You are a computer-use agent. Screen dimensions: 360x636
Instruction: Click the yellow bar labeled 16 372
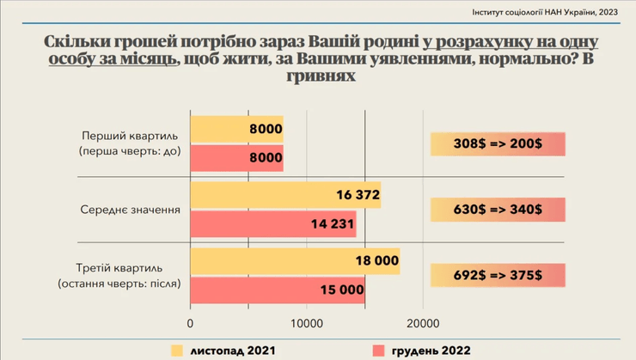284,195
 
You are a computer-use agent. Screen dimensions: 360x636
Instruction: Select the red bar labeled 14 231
272,224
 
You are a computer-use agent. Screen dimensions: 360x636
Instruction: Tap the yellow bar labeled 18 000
295,261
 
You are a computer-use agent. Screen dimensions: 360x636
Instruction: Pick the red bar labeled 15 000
277,290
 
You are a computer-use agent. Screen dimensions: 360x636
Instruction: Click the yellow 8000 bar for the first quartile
236,129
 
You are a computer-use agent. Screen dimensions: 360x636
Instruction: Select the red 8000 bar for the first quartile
236,157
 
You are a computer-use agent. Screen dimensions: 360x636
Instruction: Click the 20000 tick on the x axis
423,324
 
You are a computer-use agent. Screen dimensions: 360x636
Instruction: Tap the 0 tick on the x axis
190,324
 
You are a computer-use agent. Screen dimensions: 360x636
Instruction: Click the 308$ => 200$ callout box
498,144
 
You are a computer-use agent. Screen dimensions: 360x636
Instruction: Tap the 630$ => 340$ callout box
498,210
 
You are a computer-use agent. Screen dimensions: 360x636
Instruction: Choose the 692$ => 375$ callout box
498,275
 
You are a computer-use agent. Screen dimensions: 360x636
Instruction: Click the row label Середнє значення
130,210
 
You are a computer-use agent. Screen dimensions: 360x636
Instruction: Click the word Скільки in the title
74,41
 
